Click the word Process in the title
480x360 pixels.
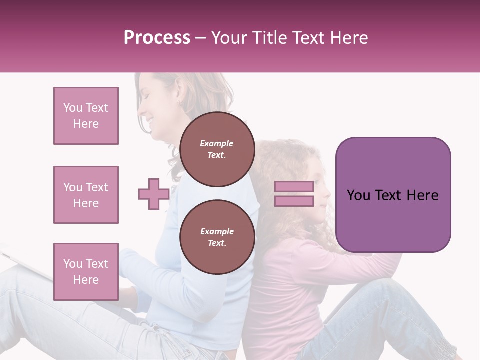point(157,38)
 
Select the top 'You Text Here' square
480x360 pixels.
point(86,116)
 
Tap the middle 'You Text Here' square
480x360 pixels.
point(86,195)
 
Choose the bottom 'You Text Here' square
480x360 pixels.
point(86,272)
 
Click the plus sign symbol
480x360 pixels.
point(154,194)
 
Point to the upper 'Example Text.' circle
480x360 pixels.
point(217,149)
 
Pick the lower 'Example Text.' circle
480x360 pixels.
point(217,237)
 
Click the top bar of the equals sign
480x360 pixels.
point(294,187)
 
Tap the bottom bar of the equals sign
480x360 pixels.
point(294,201)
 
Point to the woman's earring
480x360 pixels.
point(178,103)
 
